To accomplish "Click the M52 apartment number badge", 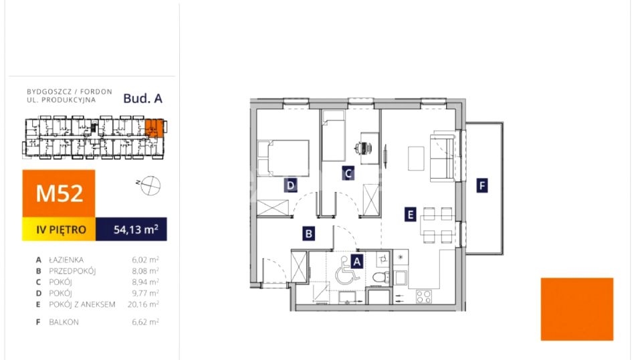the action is (59, 193).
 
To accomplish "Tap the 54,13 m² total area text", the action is (136, 230).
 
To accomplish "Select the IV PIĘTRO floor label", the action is (61, 230).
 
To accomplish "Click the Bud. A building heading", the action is (143, 98).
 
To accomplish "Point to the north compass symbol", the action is (149, 185).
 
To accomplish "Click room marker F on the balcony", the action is (482, 186).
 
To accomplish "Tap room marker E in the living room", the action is (410, 215).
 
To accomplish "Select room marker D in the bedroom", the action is (291, 185).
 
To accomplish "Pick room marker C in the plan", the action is (348, 174).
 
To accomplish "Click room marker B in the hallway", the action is (309, 234).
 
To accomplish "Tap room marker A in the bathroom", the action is (356, 261).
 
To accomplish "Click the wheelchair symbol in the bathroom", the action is (347, 271).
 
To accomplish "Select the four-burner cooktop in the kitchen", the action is (424, 296).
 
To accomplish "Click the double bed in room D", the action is (283, 159).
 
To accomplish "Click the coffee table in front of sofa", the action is (416, 159).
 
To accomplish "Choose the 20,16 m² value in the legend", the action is (143, 304).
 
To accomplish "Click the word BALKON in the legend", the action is (64, 323).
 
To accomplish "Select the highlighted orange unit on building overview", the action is (154, 127).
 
